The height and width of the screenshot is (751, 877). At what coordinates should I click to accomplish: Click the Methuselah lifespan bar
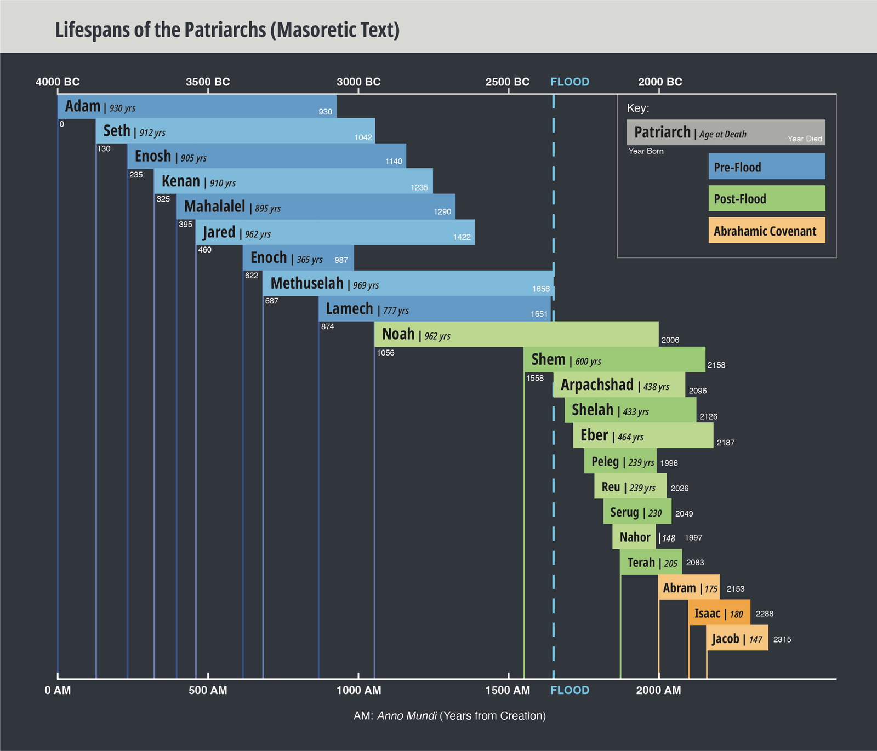tap(408, 283)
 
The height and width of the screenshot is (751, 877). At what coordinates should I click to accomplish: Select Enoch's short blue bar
tap(298, 257)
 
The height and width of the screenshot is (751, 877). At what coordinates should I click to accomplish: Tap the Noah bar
tap(516, 334)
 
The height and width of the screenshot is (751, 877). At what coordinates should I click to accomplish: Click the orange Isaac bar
tap(719, 613)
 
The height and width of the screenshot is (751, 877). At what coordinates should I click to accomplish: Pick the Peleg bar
tap(620, 461)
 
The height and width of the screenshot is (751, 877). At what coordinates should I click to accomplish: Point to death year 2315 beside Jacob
tap(782, 639)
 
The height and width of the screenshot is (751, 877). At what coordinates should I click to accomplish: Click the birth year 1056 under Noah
tap(385, 353)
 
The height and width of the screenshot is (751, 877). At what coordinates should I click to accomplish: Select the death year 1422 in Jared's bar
tap(462, 237)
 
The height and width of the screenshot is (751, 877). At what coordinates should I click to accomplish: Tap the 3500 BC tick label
tap(208, 82)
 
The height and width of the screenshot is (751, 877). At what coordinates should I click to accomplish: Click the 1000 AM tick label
tap(358, 690)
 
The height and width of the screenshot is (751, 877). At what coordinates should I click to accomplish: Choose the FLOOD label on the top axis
tap(570, 82)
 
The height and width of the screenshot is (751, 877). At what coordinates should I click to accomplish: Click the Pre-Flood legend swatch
tap(766, 167)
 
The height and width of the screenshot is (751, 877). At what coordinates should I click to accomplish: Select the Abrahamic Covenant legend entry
tap(766, 231)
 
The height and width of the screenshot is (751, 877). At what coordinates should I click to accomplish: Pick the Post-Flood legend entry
tap(766, 198)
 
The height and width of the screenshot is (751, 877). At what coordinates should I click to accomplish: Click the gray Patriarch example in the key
tap(726, 133)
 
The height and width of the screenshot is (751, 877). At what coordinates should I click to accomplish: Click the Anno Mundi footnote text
tap(449, 715)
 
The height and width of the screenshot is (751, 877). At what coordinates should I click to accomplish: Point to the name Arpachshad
tap(597, 385)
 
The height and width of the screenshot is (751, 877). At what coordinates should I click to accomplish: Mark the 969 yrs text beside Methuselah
tap(366, 285)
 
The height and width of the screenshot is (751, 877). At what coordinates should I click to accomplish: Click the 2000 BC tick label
tap(660, 82)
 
